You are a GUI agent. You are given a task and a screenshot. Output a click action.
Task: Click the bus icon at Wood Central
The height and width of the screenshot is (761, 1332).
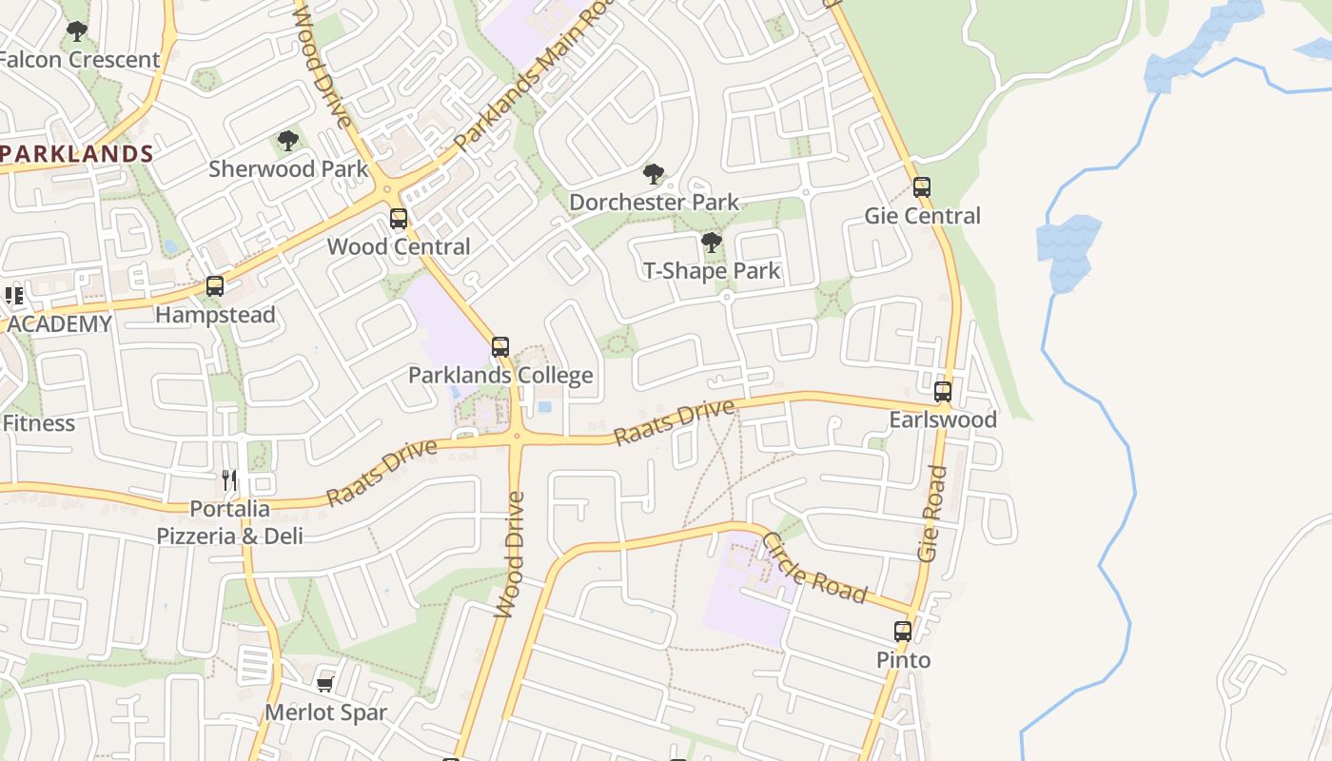click(x=399, y=219)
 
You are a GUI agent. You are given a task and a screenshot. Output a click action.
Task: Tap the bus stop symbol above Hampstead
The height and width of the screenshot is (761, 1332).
click(x=215, y=286)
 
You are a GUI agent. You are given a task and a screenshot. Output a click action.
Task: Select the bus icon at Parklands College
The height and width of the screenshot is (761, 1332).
click(x=500, y=347)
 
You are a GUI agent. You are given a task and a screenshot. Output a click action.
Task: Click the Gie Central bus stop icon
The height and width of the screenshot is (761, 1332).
click(x=921, y=187)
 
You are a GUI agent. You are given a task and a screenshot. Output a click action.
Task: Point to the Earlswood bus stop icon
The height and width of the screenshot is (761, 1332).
click(x=942, y=391)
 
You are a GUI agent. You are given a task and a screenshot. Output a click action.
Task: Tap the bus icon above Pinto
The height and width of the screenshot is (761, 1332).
click(x=902, y=631)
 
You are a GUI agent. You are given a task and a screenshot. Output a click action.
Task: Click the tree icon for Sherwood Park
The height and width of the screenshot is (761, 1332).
click(x=287, y=142)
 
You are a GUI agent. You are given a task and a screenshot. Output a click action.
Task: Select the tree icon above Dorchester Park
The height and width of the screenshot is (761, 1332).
click(x=653, y=174)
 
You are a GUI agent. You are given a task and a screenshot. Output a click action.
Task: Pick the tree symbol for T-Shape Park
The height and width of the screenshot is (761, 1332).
click(x=711, y=243)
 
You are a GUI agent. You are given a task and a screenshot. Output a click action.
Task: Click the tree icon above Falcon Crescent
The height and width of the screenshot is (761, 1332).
click(x=77, y=31)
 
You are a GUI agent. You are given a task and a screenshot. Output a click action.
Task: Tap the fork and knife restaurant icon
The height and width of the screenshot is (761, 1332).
click(x=228, y=478)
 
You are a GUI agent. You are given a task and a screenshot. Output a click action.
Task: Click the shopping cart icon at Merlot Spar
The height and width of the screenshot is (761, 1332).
click(x=324, y=684)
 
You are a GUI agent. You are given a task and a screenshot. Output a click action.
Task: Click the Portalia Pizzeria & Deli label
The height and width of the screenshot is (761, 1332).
click(x=230, y=522)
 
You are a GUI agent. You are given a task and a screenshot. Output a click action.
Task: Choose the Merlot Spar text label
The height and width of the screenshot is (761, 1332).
click(x=326, y=712)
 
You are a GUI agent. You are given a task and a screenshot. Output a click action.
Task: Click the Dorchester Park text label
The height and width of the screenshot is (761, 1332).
click(x=654, y=202)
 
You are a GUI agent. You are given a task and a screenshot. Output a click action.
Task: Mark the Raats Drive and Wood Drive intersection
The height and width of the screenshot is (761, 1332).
click(x=516, y=438)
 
